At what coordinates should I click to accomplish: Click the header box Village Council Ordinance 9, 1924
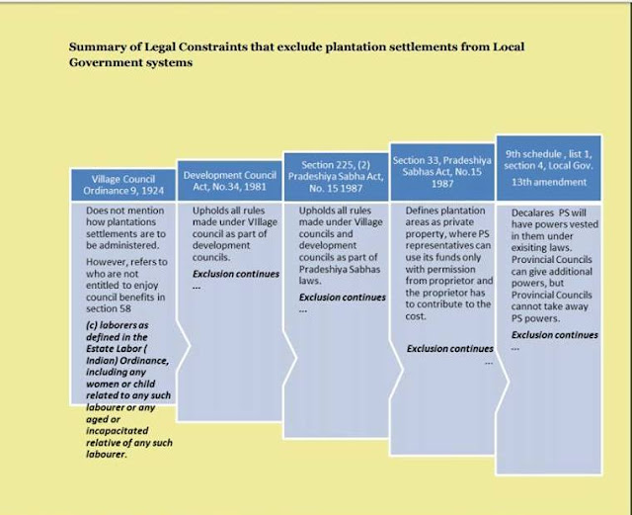pos(121,184)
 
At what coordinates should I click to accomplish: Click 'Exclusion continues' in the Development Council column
pos(235,273)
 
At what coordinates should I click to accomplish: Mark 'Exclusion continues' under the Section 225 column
pos(342,297)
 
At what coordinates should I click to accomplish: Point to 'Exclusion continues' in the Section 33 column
pos(449,348)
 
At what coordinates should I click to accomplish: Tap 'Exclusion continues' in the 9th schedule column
pos(555,335)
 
